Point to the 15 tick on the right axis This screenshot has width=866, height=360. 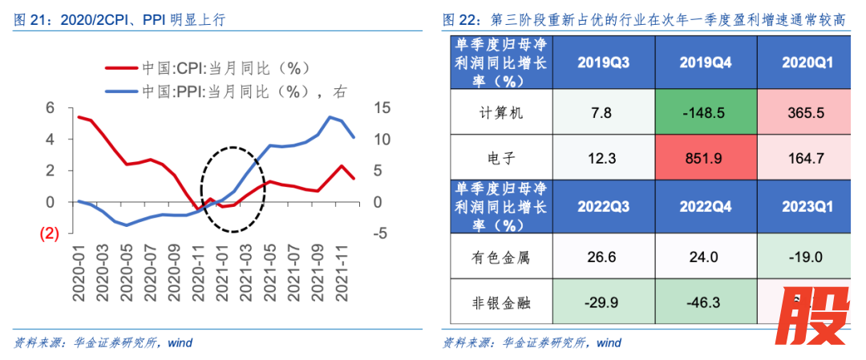pos(382,107)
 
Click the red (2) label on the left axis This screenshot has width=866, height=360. pos(50,234)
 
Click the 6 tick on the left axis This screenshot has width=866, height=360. pos(50,107)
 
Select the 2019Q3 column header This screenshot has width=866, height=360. pos(601,63)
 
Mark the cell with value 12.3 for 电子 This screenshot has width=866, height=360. pos(601,158)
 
